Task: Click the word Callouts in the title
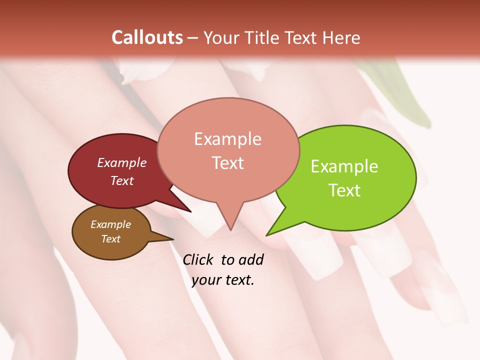[147, 37]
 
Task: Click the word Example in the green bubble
[344, 166]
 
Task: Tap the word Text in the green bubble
[344, 190]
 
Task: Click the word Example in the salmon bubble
[227, 139]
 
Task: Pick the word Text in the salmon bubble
[227, 163]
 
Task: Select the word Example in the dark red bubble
[121, 163]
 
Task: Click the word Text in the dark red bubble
[121, 180]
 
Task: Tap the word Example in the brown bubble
[110, 224]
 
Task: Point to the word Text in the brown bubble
[110, 239]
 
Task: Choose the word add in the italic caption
[251, 259]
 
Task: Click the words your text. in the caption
[223, 279]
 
